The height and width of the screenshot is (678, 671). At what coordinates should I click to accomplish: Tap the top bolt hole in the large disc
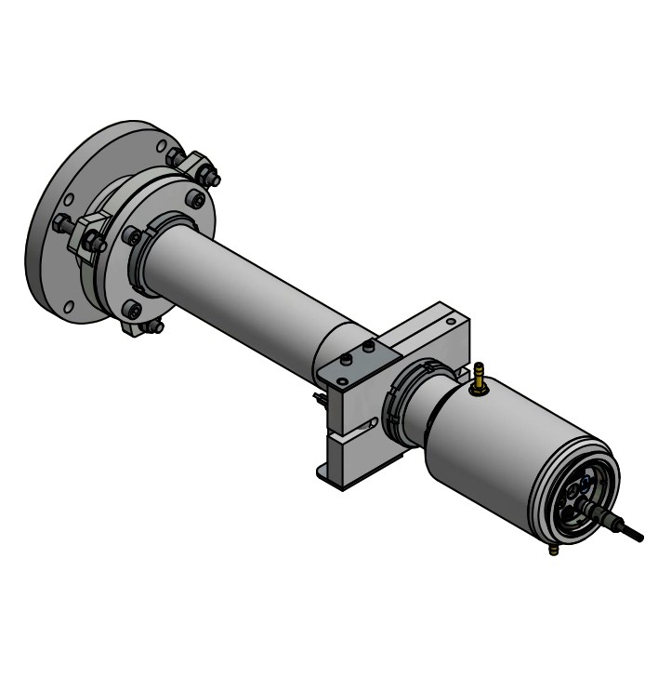tap(163, 145)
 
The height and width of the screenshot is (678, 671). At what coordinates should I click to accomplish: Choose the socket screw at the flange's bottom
tap(133, 310)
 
